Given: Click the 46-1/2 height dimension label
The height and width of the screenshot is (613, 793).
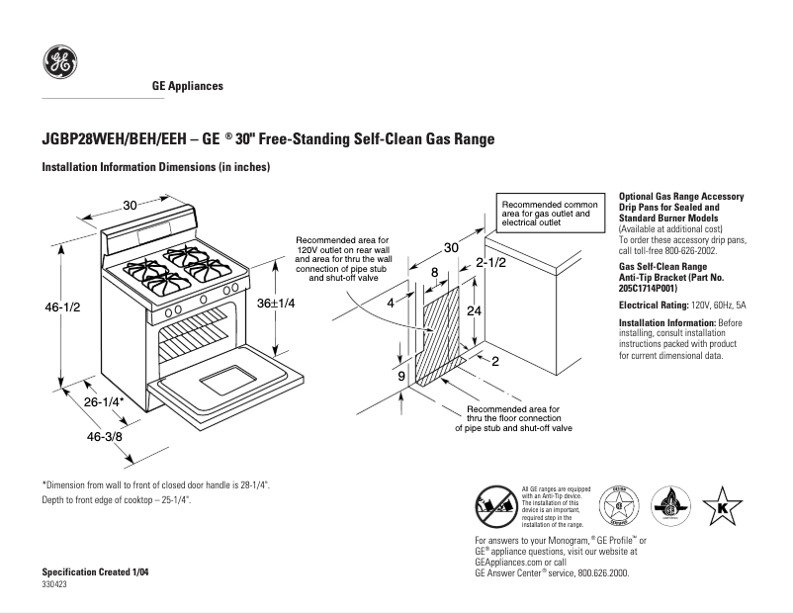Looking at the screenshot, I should coord(61,308).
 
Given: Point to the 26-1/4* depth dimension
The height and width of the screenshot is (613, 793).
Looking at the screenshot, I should coord(103,402).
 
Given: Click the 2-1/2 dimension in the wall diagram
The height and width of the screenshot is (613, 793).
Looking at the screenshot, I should coord(490,263).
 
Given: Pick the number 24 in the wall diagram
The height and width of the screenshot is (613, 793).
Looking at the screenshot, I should coord(476,310).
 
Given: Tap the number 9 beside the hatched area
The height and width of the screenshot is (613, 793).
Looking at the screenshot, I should coord(401,377).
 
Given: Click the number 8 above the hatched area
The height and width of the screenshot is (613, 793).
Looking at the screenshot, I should coord(434,272).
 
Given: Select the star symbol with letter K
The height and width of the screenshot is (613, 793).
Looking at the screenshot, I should coord(722,506).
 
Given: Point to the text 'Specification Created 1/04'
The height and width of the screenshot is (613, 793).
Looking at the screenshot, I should coord(91,573).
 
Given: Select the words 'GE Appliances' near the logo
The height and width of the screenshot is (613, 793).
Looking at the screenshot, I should coord(187,86).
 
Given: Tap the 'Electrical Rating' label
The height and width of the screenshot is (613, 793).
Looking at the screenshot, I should coord(654,306).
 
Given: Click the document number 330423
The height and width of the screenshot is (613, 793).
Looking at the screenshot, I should coord(54,585).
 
